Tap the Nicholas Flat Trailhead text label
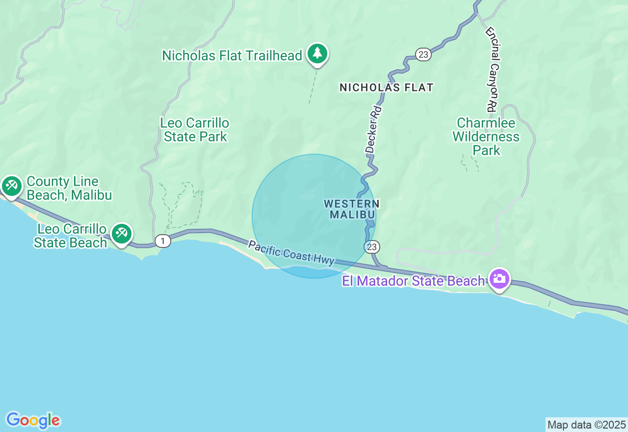(x=232, y=56)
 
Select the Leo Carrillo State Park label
(x=195, y=130)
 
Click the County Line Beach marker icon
(x=11, y=186)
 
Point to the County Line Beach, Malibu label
(x=69, y=189)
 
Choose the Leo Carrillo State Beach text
(x=70, y=236)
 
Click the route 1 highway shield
(x=163, y=241)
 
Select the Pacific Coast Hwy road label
(x=291, y=253)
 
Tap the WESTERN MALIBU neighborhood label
(x=352, y=209)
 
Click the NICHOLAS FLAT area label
(x=387, y=88)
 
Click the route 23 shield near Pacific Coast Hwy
(x=372, y=246)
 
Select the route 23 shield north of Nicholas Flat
(x=423, y=54)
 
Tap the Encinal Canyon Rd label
(x=492, y=69)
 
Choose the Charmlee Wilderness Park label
(x=486, y=136)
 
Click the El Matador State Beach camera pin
(x=499, y=279)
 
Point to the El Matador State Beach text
(x=414, y=281)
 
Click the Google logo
(x=33, y=420)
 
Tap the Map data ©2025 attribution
(x=586, y=425)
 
